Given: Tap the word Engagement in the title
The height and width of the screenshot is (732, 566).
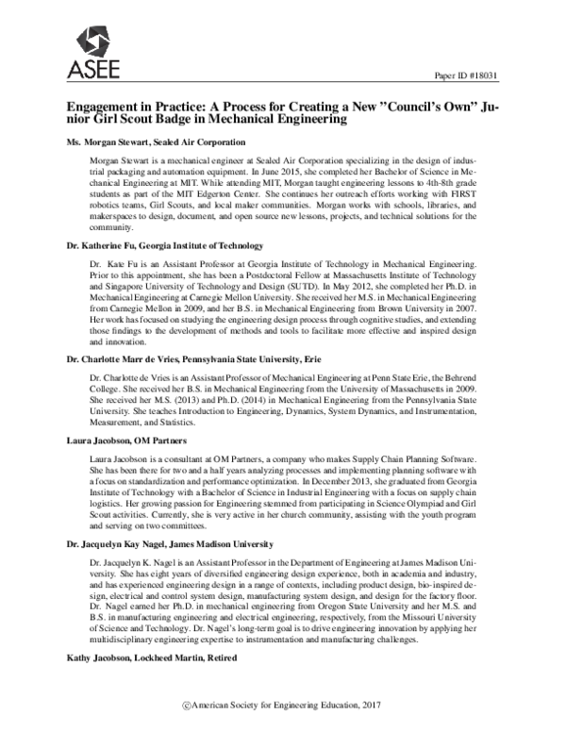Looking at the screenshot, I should click(108, 108).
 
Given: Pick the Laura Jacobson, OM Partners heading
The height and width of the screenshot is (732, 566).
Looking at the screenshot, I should click(126, 441).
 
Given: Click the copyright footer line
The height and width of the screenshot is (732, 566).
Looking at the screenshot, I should click(282, 706).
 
